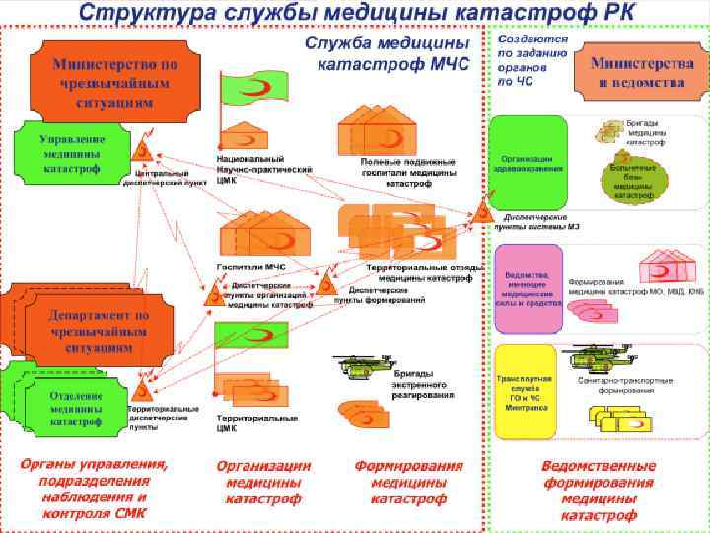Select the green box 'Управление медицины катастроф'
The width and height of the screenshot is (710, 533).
click(x=70, y=153)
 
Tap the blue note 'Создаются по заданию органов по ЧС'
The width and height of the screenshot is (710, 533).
click(x=532, y=59)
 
